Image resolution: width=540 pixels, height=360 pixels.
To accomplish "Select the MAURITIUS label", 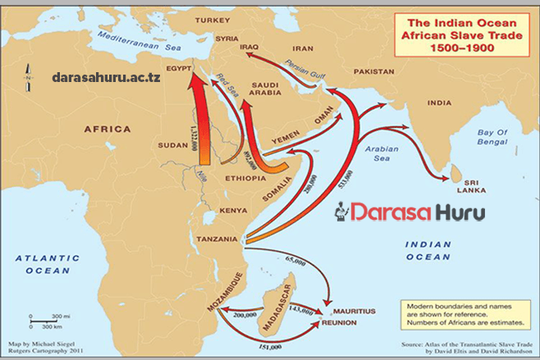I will point(353,312).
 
